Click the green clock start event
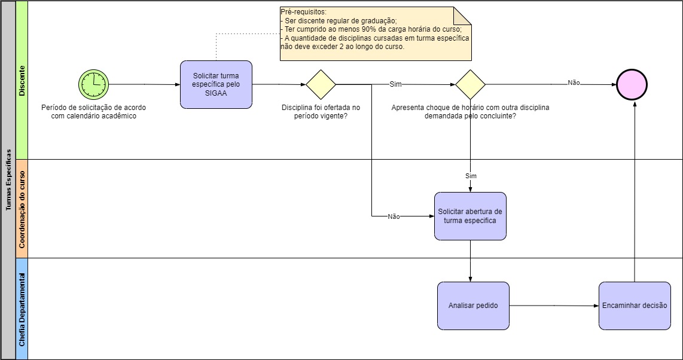tap(93, 84)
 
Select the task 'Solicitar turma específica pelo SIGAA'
tap(216, 84)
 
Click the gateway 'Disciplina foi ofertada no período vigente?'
tap(321, 84)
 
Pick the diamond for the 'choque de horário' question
tap(470, 84)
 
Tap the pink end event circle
tap(632, 84)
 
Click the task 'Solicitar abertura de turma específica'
tap(470, 216)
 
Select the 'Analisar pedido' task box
tap(473, 306)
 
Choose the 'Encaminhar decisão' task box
tap(635, 306)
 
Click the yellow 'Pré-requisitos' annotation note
tap(376, 34)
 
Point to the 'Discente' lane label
tap(22, 80)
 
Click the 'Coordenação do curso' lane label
tap(22, 209)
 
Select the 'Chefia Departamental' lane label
tap(22, 309)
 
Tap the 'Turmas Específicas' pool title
tap(8, 180)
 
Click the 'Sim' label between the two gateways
tap(395, 84)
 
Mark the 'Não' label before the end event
tap(574, 83)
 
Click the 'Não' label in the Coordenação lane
tap(394, 216)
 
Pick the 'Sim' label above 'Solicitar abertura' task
tap(471, 176)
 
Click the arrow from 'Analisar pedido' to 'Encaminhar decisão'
tap(554, 306)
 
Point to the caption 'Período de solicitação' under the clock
tap(93, 112)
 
